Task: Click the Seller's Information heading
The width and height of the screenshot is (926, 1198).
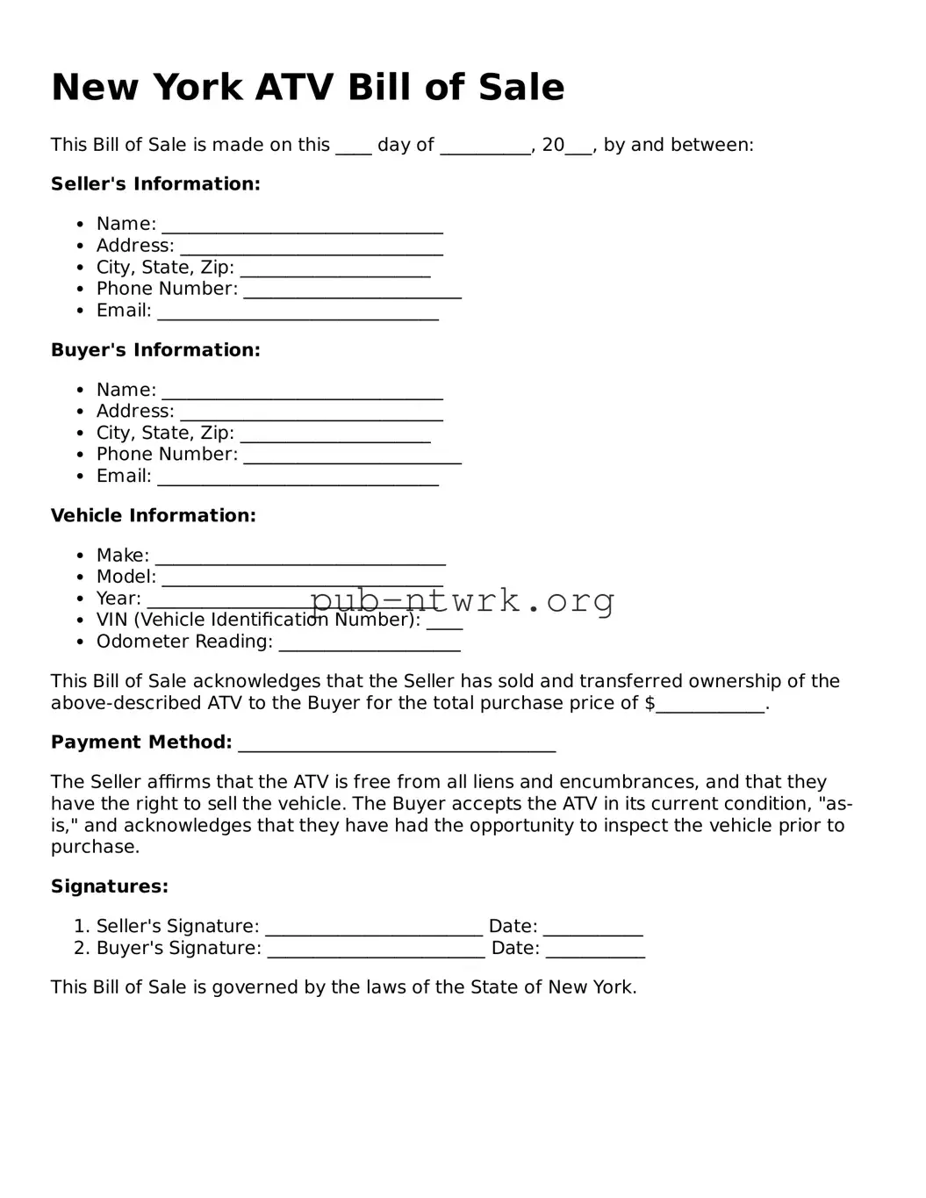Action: pos(155,184)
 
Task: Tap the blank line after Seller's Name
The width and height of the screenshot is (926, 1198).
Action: pos(302,226)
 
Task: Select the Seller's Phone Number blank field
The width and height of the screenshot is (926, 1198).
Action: pos(352,291)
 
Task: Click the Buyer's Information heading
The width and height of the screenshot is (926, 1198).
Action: pos(155,350)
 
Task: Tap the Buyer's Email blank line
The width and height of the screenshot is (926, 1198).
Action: pos(298,478)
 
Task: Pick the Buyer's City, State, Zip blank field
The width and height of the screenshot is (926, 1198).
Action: pos(334,435)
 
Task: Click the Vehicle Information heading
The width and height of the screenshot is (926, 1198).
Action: pos(154,516)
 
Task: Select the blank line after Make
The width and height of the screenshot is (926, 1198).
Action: pos(300,558)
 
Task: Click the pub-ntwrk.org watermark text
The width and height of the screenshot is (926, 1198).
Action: pos(462,601)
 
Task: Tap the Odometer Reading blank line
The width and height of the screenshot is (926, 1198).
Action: pos(369,644)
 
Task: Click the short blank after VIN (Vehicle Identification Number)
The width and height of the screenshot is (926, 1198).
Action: pos(444,623)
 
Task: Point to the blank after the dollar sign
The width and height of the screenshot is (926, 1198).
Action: pos(710,706)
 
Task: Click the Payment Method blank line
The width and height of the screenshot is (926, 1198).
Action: pos(397,745)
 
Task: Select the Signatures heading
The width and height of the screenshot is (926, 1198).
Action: pos(110,886)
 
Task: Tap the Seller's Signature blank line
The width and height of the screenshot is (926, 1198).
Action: pos(374,929)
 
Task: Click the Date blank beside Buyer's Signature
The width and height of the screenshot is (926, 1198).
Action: pos(595,951)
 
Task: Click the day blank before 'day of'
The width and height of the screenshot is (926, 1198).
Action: pos(354,147)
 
